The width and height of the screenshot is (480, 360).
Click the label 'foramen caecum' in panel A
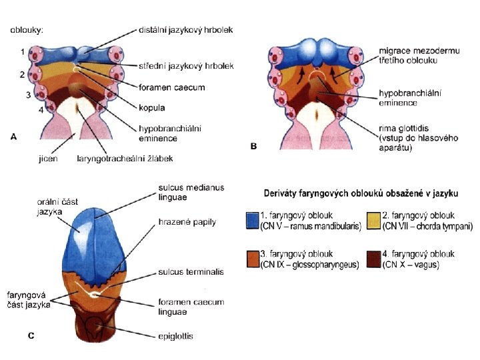(x=171, y=87)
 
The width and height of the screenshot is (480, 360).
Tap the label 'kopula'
(x=152, y=107)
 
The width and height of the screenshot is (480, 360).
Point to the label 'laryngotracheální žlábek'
(x=125, y=159)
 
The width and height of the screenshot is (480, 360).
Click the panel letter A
(x=13, y=136)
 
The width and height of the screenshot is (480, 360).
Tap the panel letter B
(x=253, y=146)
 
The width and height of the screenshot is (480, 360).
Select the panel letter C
(x=31, y=336)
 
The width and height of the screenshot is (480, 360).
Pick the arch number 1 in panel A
(x=22, y=51)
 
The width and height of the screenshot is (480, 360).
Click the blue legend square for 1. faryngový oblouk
(x=253, y=221)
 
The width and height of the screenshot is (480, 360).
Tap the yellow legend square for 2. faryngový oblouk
(x=374, y=221)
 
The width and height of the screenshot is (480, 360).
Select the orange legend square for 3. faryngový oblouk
(x=253, y=259)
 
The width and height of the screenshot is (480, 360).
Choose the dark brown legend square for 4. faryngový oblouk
(x=374, y=259)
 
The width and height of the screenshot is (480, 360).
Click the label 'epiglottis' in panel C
(x=176, y=336)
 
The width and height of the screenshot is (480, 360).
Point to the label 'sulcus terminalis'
(x=191, y=272)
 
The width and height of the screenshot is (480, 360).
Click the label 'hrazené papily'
(x=187, y=221)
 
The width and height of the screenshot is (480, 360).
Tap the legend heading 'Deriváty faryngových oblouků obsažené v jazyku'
(x=361, y=193)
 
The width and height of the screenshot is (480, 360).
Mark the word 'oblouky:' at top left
(x=27, y=30)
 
